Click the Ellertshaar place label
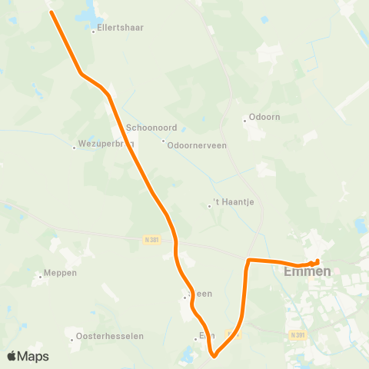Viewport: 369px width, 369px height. (119, 27)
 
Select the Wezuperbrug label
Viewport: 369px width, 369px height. (106, 143)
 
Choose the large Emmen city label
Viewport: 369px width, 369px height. (307, 271)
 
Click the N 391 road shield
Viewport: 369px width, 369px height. (298, 335)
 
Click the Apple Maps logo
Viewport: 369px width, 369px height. (28, 356)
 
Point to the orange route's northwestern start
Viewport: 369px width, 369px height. (52, 11)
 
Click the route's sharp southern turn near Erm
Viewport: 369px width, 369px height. (214, 354)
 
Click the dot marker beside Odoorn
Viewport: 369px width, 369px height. (244, 119)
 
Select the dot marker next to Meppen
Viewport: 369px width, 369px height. (40, 275)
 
